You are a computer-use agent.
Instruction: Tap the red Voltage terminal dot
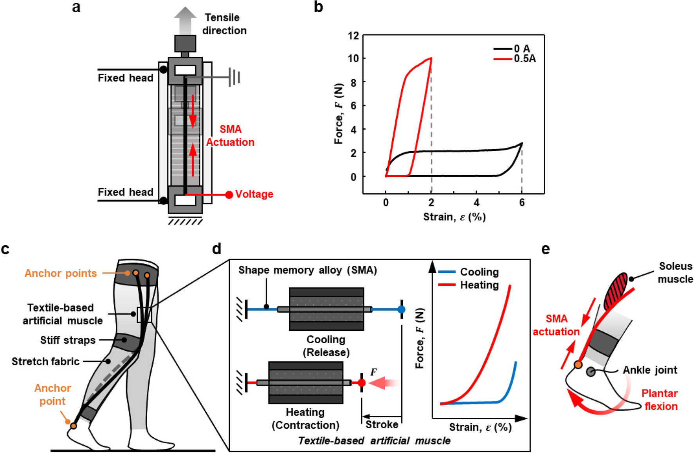coord(229,195)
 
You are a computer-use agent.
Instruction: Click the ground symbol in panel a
coord(234,77)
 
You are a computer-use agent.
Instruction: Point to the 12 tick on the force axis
coord(353,36)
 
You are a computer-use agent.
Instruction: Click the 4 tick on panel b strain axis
coord(476,203)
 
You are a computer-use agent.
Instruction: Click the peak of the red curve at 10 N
coord(431,58)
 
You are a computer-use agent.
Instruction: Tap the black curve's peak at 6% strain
coord(522,143)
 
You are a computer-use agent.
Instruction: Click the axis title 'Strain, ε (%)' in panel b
coord(454,217)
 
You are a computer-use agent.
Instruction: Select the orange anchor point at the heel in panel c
coord(74,426)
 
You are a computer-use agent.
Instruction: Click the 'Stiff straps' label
coord(68,340)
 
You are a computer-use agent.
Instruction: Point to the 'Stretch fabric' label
coord(45,361)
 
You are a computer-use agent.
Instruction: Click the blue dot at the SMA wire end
coord(401,310)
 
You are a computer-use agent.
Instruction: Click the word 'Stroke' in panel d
coord(382,424)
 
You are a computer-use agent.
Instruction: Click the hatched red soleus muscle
coord(615,292)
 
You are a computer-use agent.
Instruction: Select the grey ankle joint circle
coord(591,372)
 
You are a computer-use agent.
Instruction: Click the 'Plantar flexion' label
coord(660,400)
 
